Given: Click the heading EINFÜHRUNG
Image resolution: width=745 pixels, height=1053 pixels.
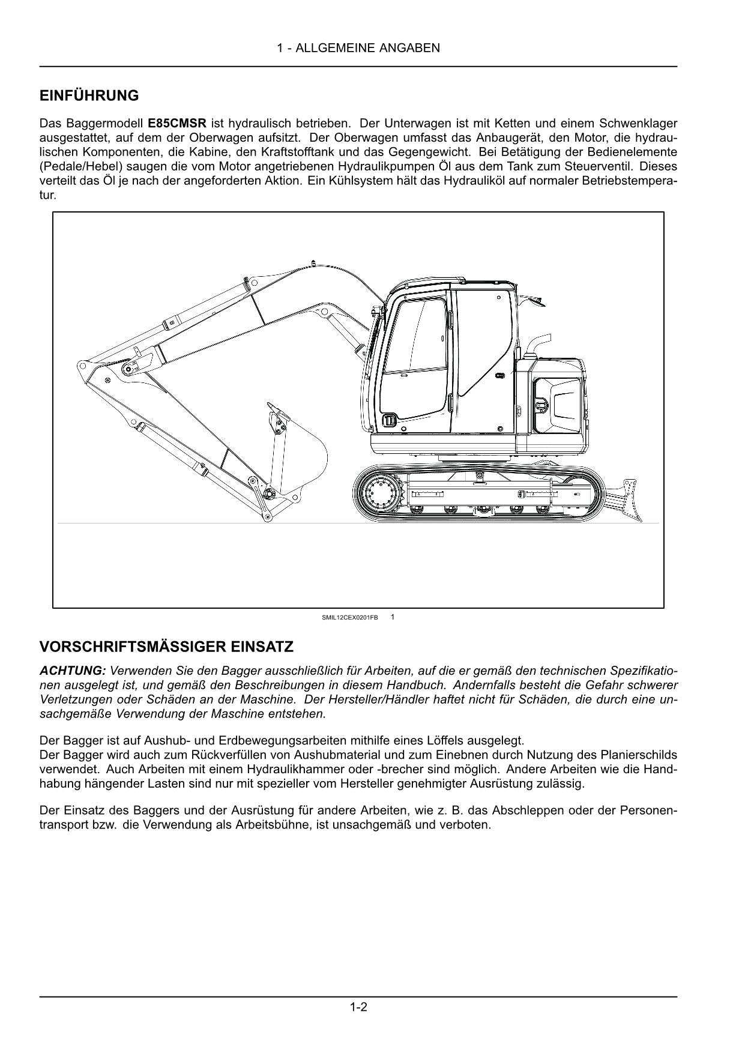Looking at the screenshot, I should tap(89, 95).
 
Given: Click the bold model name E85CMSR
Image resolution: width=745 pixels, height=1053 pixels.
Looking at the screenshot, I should tap(176, 124).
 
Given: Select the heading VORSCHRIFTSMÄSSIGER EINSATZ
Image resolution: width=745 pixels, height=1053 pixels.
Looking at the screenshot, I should tap(166, 647).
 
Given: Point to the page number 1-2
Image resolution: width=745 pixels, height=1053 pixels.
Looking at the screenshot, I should tap(358, 1007).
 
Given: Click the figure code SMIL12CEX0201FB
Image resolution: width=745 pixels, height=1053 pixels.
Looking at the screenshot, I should tap(350, 617).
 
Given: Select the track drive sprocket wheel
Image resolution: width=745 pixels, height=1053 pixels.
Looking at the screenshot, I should tap(378, 492).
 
